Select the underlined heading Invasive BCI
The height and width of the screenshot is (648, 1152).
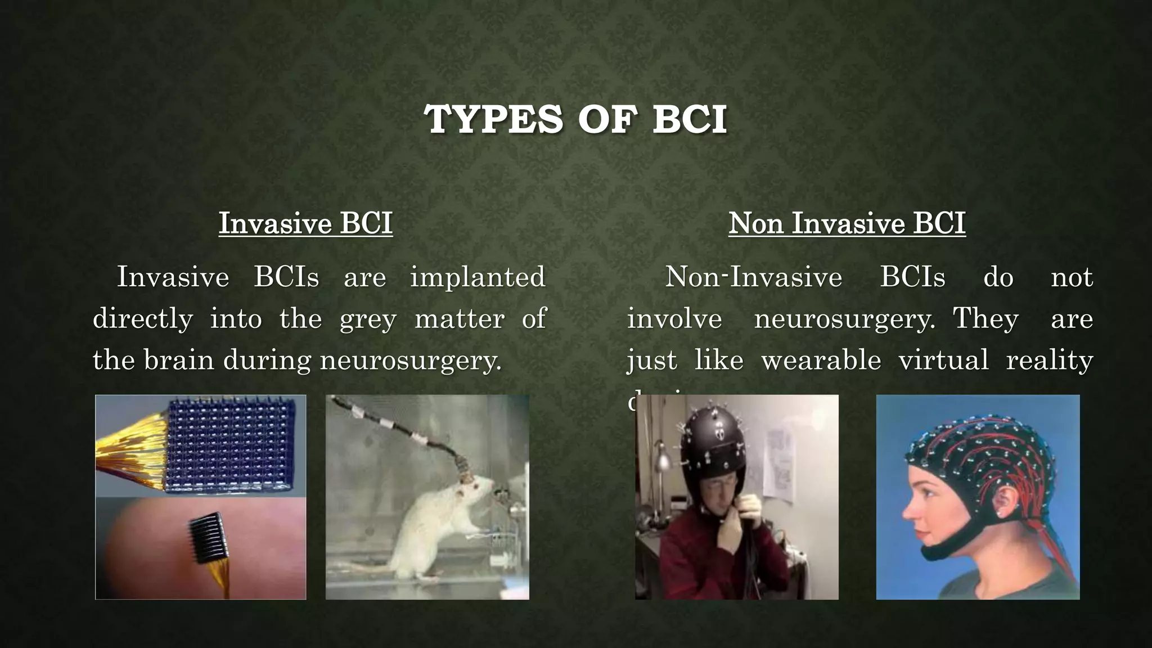(305, 223)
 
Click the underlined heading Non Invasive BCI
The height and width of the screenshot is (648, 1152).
(847, 223)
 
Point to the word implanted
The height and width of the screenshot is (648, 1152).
(478, 277)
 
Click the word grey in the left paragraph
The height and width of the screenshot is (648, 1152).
(368, 319)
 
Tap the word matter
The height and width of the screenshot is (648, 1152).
(460, 319)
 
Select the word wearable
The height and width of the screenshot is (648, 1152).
(821, 360)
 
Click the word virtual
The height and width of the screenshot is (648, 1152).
(943, 360)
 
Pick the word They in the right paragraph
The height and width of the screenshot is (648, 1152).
(985, 319)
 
